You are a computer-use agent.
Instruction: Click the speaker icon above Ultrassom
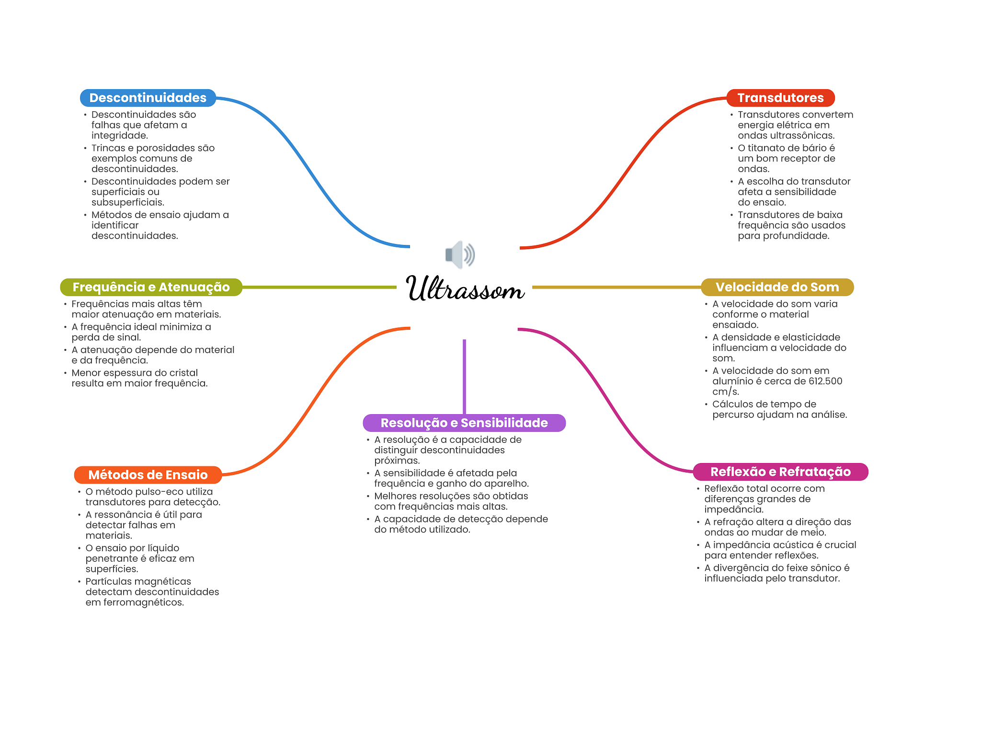pos(460,254)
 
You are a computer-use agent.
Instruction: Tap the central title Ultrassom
pos(465,289)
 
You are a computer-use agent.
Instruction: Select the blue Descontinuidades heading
pos(148,98)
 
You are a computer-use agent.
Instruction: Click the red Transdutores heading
pos(780,98)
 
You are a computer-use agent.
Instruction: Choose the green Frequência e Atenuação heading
pos(151,287)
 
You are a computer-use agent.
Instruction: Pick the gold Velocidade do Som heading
pos(777,287)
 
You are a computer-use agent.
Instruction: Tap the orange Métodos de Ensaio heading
pos(148,475)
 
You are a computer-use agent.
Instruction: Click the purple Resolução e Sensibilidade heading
pos(464,423)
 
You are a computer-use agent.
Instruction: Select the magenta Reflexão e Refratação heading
pos(780,472)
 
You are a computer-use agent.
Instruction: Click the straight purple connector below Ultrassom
pos(464,376)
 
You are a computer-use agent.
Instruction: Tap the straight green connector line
pos(319,287)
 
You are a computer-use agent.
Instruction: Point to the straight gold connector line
pos(616,287)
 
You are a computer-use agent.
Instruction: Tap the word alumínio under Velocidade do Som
pos(732,382)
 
